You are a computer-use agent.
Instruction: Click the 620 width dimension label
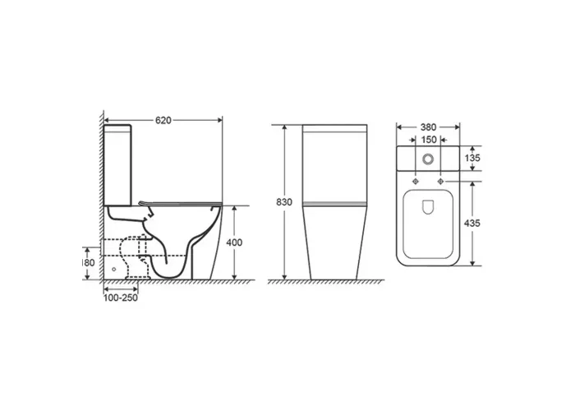click(x=163, y=120)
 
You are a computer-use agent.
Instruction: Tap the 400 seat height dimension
click(x=234, y=242)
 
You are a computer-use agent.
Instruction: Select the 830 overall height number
click(x=284, y=202)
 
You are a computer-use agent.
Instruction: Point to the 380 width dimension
click(x=428, y=127)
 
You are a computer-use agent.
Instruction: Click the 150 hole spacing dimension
click(x=429, y=140)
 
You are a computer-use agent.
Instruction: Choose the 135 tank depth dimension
click(x=472, y=158)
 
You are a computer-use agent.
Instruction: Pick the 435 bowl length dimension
click(x=472, y=223)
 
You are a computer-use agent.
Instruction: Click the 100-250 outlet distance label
click(x=121, y=298)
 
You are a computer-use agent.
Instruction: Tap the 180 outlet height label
click(x=89, y=263)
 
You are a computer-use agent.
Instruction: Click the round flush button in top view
click(x=428, y=159)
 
